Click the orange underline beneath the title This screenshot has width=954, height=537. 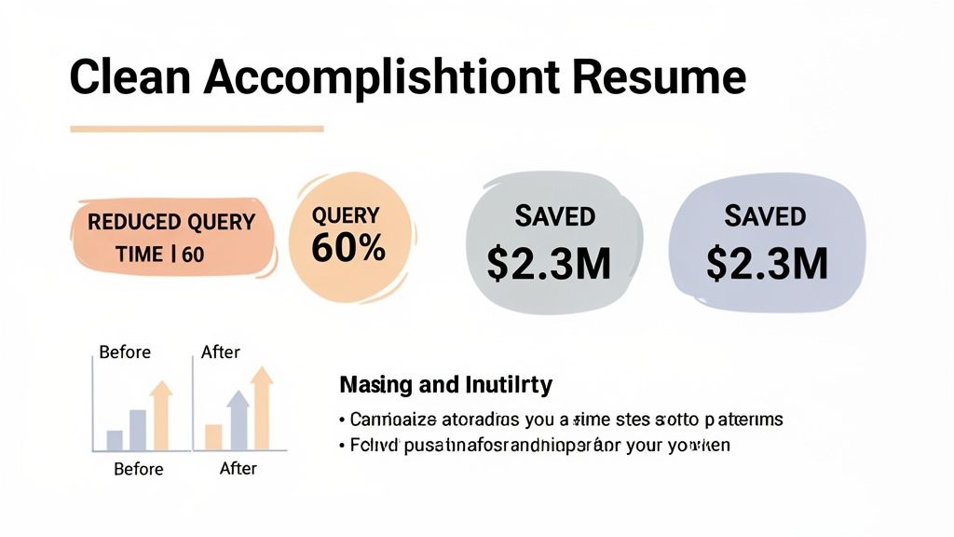[x=197, y=129]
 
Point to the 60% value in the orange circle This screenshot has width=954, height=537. [x=348, y=248]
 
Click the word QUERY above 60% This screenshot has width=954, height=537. [x=346, y=215]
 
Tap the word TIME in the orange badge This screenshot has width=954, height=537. [x=141, y=254]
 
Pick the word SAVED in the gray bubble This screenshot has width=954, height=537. [x=554, y=216]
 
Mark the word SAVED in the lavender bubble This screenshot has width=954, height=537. [x=765, y=216]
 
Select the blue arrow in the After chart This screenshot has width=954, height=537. [x=238, y=419]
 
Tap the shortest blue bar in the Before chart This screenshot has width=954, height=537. [x=115, y=440]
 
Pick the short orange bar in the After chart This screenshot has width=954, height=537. [x=213, y=436]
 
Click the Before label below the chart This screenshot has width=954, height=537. [x=139, y=469]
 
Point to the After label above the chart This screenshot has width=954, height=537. [x=220, y=352]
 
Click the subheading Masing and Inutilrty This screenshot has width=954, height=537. [x=445, y=384]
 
